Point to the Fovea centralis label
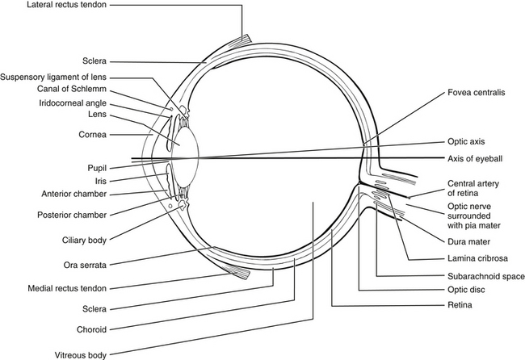pyautogui.click(x=477, y=93)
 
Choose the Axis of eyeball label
pyautogui.click(x=477, y=157)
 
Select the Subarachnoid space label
pyautogui.click(x=480, y=276)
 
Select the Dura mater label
pyautogui.click(x=470, y=241)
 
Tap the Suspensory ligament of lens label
pyautogui.click(x=57, y=77)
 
